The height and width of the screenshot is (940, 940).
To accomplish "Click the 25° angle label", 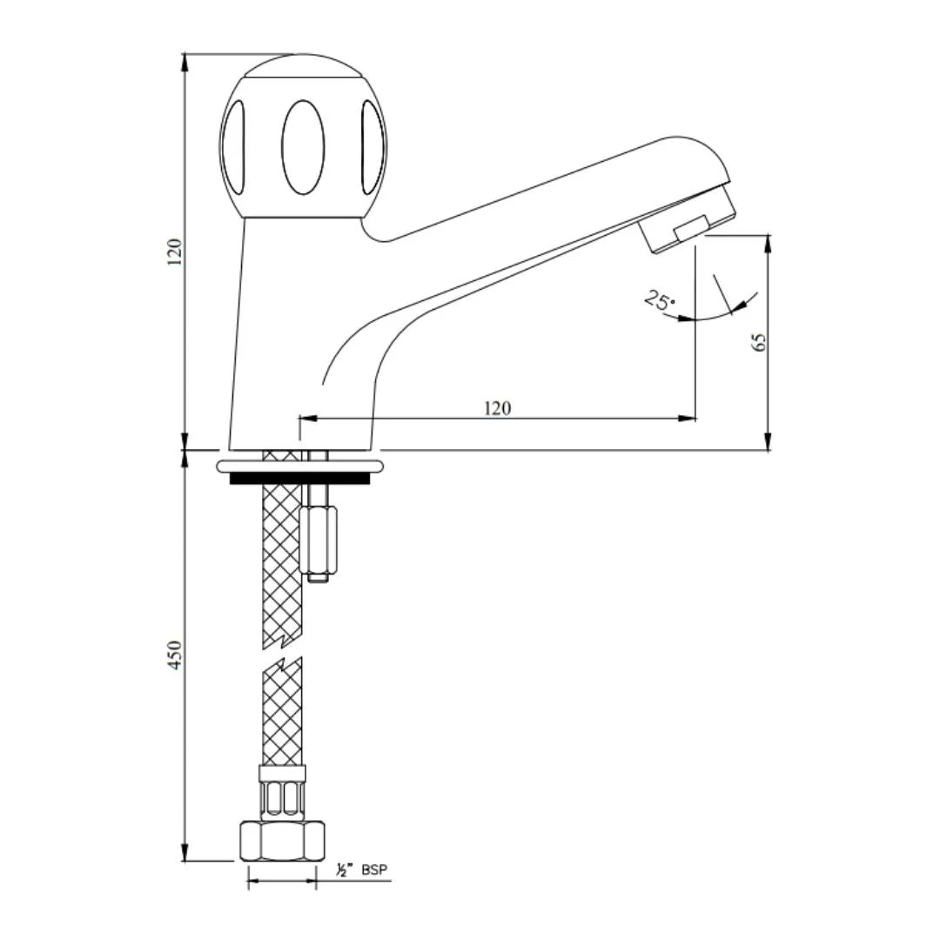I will [660, 301].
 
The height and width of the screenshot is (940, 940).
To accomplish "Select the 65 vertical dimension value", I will [760, 342].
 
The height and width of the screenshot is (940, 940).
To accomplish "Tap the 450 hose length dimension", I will [176, 655].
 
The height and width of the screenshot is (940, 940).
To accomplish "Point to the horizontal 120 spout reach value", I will [497, 407].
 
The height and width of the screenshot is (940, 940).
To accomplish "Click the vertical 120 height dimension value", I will [176, 252].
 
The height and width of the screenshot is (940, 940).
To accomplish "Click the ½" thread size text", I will [343, 869].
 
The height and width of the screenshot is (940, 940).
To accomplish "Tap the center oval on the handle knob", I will [303, 146].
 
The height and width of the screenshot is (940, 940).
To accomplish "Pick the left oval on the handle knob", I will [233, 146].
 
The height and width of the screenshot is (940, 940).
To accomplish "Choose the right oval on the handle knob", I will [372, 146].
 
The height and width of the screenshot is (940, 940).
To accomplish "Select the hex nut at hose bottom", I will [282, 841].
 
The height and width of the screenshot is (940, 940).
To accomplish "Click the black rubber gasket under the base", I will [299, 478].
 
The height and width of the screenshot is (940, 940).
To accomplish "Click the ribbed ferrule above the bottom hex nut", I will [282, 794].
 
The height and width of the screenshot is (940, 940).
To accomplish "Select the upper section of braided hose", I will [282, 557].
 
